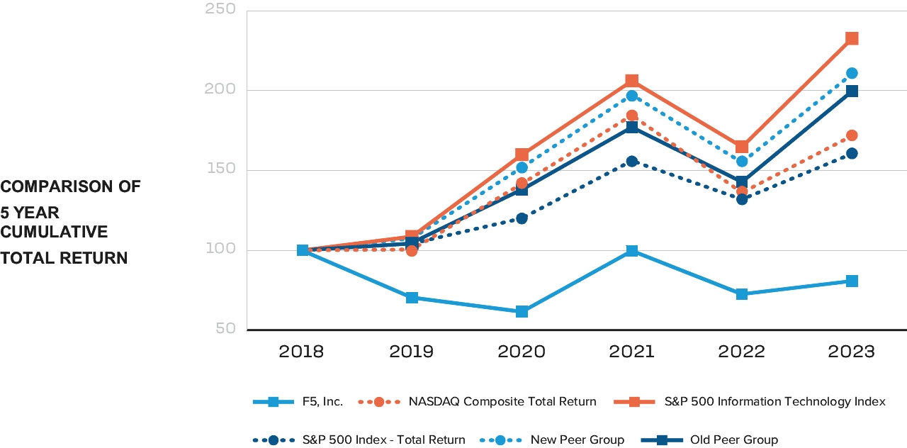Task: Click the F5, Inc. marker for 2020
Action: [522, 311]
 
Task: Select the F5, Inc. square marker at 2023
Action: [852, 281]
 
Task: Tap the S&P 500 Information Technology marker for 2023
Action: [852, 38]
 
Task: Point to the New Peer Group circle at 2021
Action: [631, 96]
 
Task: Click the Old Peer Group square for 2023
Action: [852, 91]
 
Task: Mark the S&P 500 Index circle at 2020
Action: [522, 218]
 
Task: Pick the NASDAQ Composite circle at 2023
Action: [852, 135]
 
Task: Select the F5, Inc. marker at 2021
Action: [631, 251]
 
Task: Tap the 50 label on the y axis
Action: [225, 329]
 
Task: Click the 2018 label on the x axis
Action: [301, 352]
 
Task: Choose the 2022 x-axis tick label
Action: [741, 352]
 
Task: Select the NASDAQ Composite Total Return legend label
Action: [502, 401]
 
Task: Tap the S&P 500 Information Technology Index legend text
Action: [774, 401]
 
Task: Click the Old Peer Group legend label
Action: [733, 439]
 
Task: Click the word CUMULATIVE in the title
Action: [54, 232]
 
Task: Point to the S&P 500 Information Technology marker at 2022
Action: [741, 147]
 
